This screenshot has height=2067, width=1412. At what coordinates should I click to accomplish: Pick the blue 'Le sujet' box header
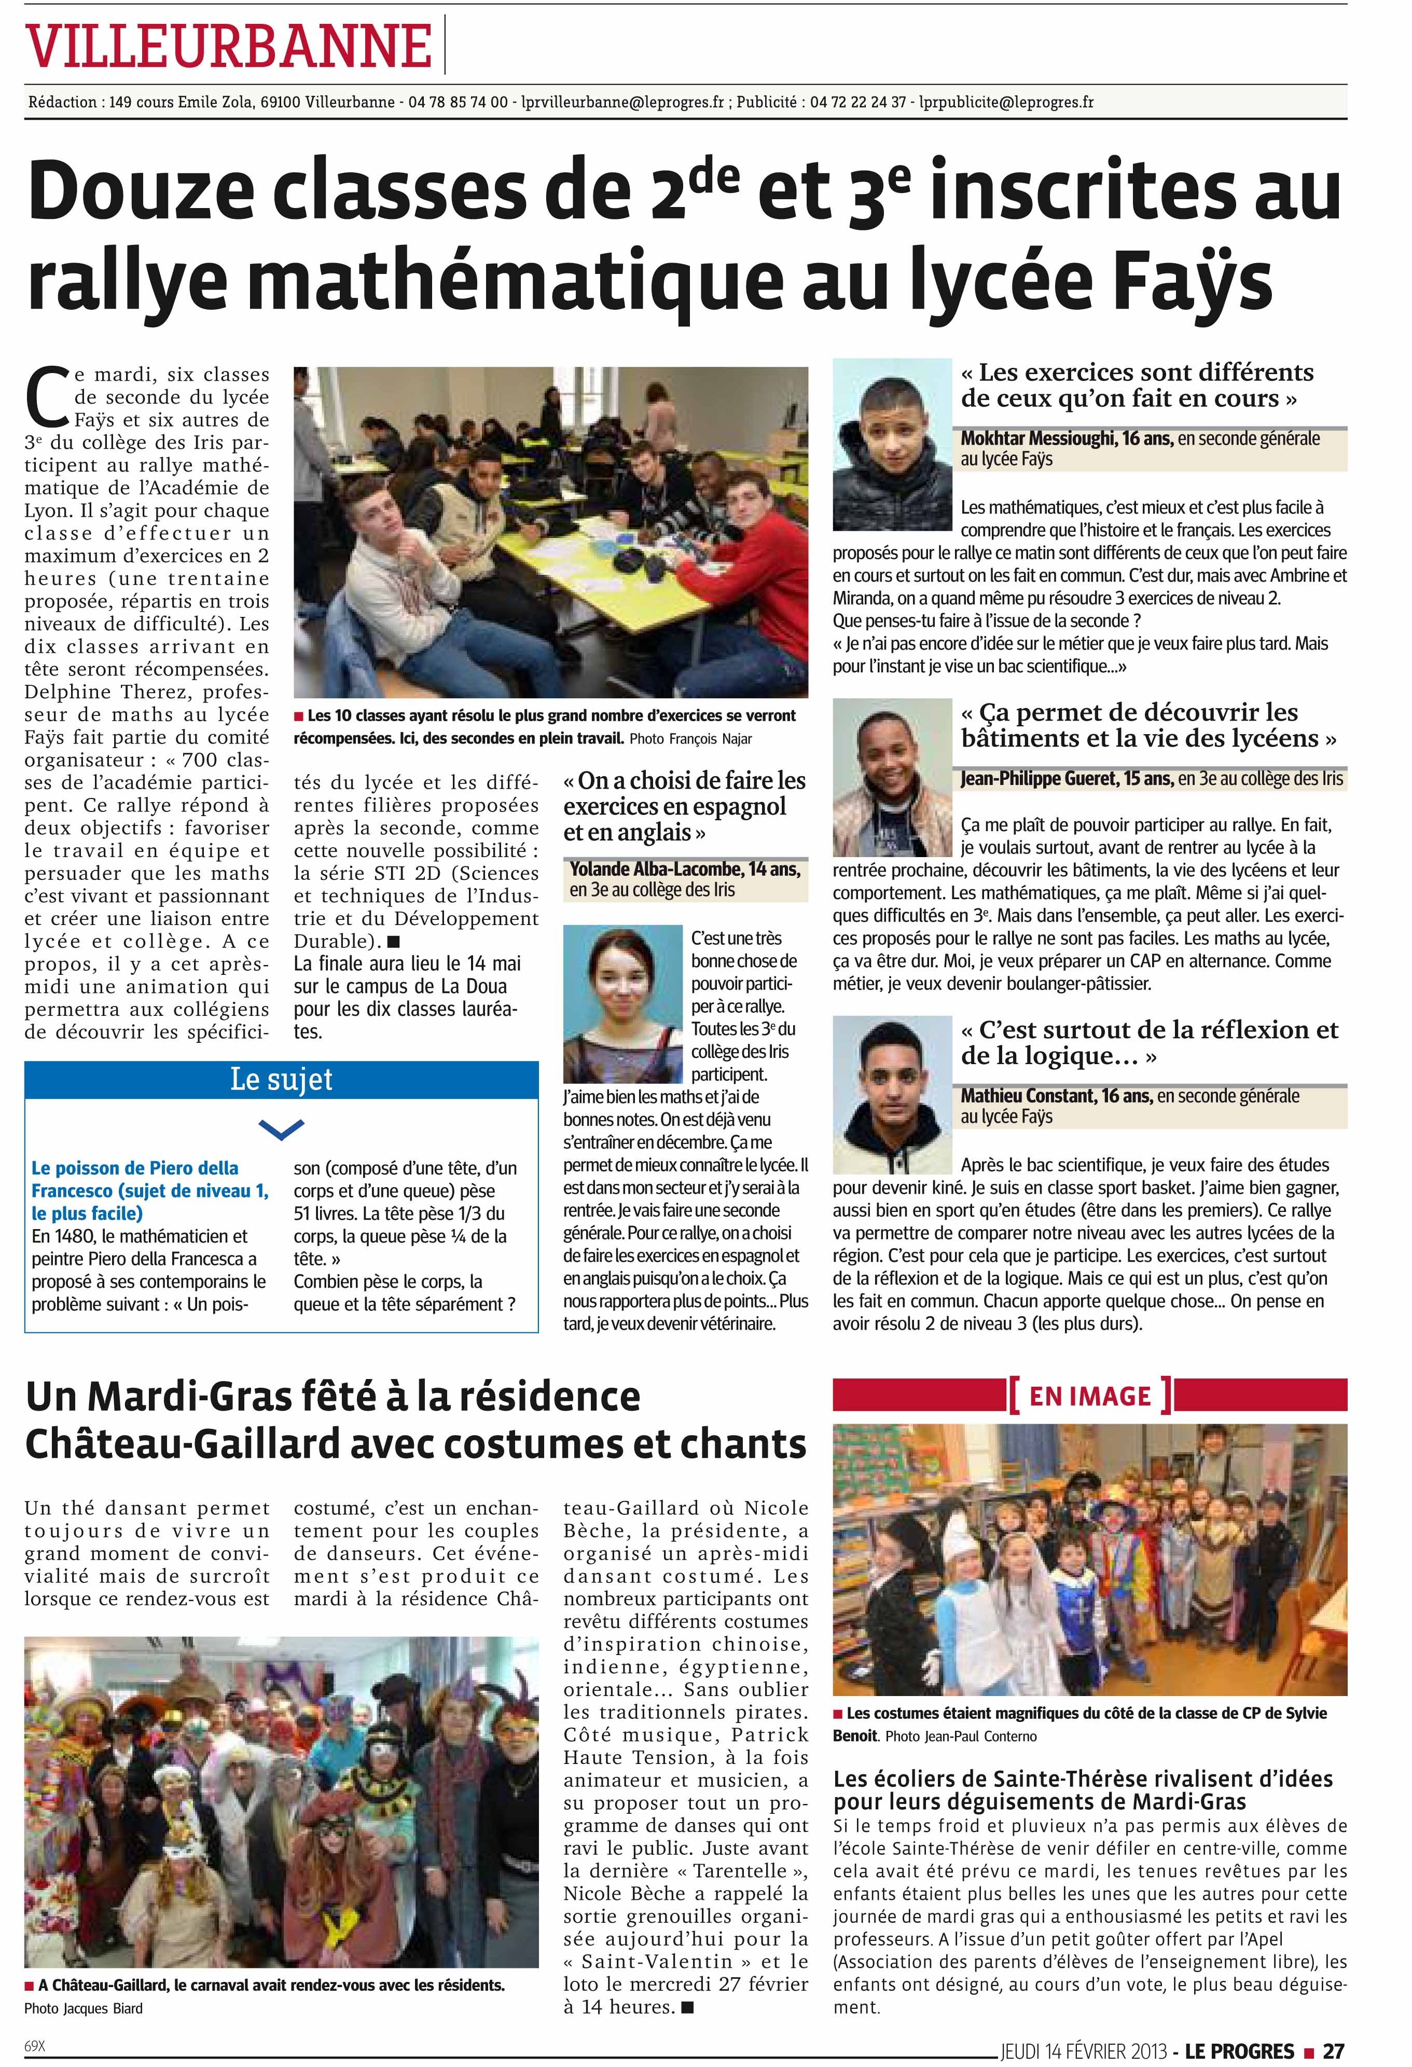tap(281, 1080)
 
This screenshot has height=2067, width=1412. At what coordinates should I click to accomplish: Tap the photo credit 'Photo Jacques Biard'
tap(82, 2008)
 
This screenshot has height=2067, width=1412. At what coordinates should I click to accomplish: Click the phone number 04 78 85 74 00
tap(458, 102)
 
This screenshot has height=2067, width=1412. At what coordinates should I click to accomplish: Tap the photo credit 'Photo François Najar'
tap(696, 738)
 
